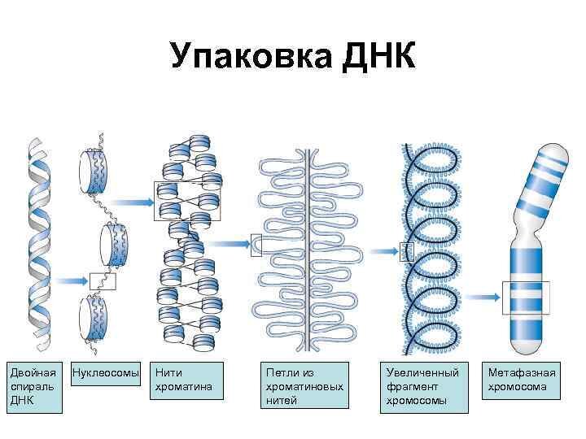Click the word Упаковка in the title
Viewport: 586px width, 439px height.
tap(251, 56)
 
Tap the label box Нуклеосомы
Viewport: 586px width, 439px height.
tap(106, 373)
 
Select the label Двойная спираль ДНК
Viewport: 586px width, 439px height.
tap(34, 387)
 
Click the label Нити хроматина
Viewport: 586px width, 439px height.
tap(186, 380)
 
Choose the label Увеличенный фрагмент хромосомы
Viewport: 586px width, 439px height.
tap(424, 387)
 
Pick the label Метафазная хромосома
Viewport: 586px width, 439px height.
tap(521, 380)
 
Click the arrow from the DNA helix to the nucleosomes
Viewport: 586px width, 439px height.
tap(72, 281)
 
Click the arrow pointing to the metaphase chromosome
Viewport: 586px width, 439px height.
tap(483, 298)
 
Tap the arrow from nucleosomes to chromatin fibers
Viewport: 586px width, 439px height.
tap(133, 202)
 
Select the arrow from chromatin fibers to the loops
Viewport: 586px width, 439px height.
tap(229, 244)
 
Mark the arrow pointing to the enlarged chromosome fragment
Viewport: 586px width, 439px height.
tap(384, 251)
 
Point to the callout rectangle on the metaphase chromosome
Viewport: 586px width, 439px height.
tap(503, 298)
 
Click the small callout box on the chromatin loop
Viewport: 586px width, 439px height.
tap(251, 245)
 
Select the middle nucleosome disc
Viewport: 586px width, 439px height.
tap(115, 245)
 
